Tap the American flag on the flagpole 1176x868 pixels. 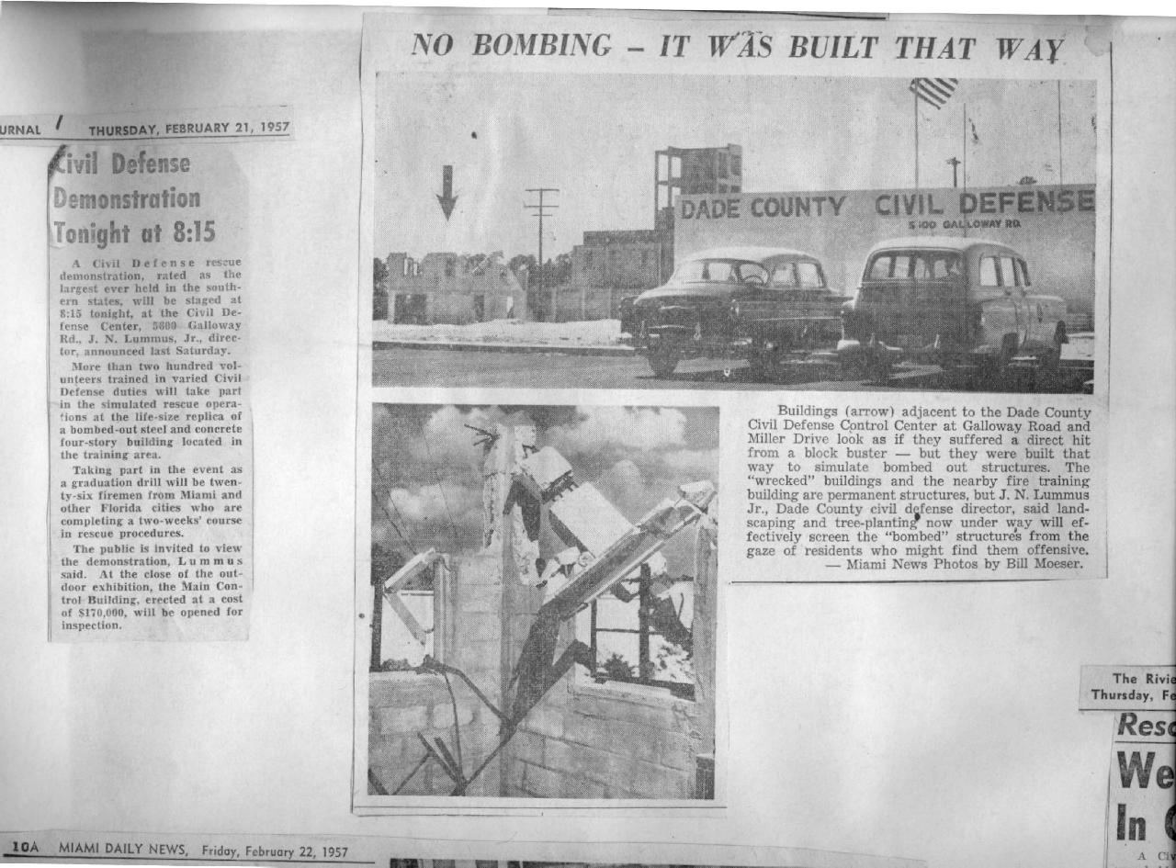click(933, 92)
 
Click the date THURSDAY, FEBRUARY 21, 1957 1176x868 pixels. click(188, 129)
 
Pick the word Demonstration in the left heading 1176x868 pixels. click(126, 198)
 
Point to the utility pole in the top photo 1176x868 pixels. click(541, 230)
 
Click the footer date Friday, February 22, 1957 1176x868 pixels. click(275, 851)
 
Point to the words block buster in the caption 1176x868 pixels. click(833, 454)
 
